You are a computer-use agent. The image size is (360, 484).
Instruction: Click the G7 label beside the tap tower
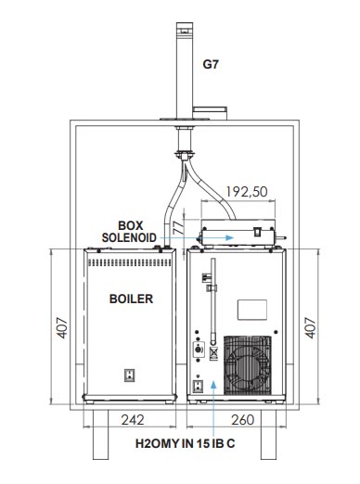click(211, 64)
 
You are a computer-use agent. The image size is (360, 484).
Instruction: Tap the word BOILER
click(131, 299)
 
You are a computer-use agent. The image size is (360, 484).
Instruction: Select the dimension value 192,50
click(247, 192)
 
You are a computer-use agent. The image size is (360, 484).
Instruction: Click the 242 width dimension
click(133, 420)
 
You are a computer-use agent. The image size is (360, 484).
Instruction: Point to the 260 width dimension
click(242, 420)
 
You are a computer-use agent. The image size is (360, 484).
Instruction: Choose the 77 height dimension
click(178, 227)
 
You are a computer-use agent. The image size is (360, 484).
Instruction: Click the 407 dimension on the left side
click(62, 327)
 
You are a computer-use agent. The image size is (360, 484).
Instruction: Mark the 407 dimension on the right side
click(311, 327)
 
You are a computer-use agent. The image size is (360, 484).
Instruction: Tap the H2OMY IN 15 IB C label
click(185, 443)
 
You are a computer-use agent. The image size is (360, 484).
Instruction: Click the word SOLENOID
click(129, 237)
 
